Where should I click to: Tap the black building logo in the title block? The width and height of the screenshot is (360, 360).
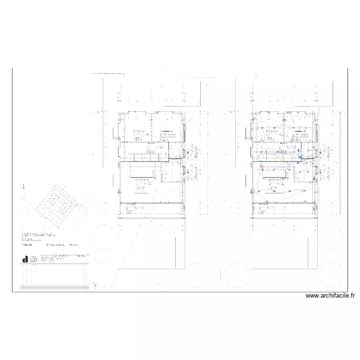tap(24, 259)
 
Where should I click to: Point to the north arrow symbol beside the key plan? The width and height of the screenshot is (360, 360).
tap(22, 186)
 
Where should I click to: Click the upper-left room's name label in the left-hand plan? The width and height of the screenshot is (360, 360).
tap(140, 130)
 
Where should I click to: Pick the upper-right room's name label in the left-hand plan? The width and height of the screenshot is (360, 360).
tap(167, 130)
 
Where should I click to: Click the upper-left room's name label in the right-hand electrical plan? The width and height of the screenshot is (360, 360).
tap(272, 130)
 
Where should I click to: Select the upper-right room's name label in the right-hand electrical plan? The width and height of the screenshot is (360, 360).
tap(299, 130)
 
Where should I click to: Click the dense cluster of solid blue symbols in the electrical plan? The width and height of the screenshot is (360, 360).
tap(300, 153)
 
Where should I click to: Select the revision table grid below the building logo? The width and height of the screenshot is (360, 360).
tap(53, 277)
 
